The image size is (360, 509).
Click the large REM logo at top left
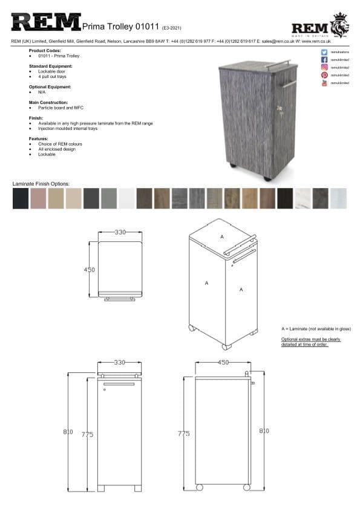click(45, 23)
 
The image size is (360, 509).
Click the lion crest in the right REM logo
click(339, 25)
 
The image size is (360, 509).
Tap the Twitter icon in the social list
click(324, 53)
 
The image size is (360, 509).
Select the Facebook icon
click(324, 60)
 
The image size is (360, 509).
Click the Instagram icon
click(324, 67)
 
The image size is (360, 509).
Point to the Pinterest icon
click(324, 75)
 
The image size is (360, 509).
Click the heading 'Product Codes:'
click(45, 51)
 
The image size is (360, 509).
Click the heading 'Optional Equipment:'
click(51, 87)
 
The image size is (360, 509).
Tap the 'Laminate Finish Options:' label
click(41, 183)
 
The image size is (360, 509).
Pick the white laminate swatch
click(126, 198)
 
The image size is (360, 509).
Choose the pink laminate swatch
click(38, 198)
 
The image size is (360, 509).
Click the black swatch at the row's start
click(21, 198)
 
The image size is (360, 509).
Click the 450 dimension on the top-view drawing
click(90, 270)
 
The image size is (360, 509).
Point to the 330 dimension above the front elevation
click(120, 363)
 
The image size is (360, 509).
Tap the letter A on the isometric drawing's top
click(222, 236)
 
